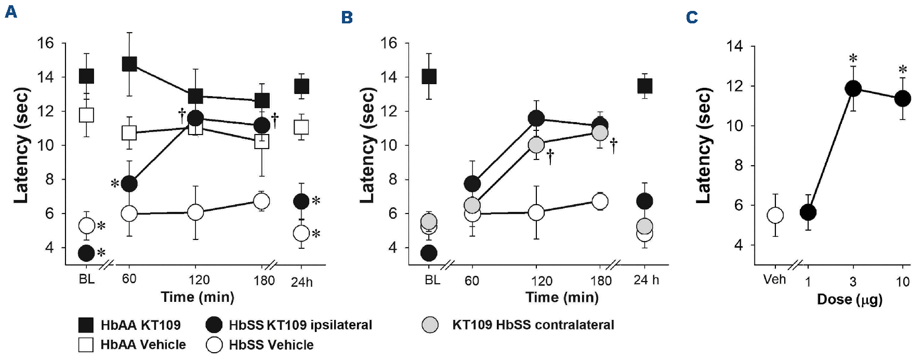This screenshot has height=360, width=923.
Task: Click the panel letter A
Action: [x=11, y=12]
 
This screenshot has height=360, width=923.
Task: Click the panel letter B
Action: [x=347, y=18]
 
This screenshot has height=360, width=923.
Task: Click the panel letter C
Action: [x=692, y=18]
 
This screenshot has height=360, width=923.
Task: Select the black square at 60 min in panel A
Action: [x=129, y=64]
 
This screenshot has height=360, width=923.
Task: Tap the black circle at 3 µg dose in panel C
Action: [x=853, y=88]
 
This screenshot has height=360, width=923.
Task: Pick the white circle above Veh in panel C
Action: [x=775, y=215]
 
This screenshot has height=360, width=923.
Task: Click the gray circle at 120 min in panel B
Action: [x=536, y=145]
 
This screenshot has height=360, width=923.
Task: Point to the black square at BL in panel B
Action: [x=429, y=76]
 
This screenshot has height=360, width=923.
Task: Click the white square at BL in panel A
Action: [x=86, y=115]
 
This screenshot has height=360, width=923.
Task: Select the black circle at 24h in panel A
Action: [x=301, y=201]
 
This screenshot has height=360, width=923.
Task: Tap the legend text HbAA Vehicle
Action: [x=143, y=345]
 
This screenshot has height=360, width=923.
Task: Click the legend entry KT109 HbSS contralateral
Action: [x=533, y=325]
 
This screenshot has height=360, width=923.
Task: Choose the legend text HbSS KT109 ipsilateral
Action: [x=300, y=325]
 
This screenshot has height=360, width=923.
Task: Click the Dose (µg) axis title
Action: [x=849, y=299]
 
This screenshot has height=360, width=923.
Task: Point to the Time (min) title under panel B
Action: [x=562, y=297]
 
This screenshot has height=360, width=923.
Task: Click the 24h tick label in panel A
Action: [x=301, y=282]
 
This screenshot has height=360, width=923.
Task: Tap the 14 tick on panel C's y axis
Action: [x=735, y=47]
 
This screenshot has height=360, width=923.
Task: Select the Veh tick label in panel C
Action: [x=774, y=279]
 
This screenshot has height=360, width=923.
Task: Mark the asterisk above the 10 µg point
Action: [x=903, y=70]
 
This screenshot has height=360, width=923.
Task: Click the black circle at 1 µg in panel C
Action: [x=808, y=212]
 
